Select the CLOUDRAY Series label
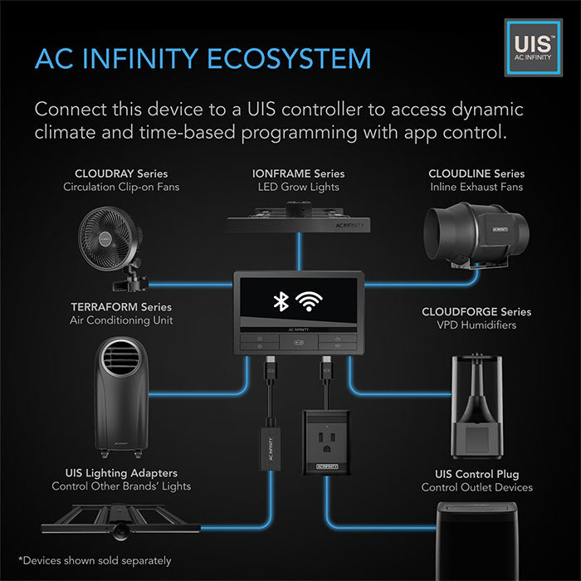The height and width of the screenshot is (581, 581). [x=121, y=173]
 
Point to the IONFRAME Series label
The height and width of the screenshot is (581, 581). [x=298, y=173]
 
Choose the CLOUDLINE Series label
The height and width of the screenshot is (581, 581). [x=476, y=173]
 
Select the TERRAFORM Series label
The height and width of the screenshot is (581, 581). [x=121, y=307]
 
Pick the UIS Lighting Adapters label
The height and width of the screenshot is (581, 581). [x=121, y=472]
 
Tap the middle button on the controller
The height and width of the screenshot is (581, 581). [x=298, y=340]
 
